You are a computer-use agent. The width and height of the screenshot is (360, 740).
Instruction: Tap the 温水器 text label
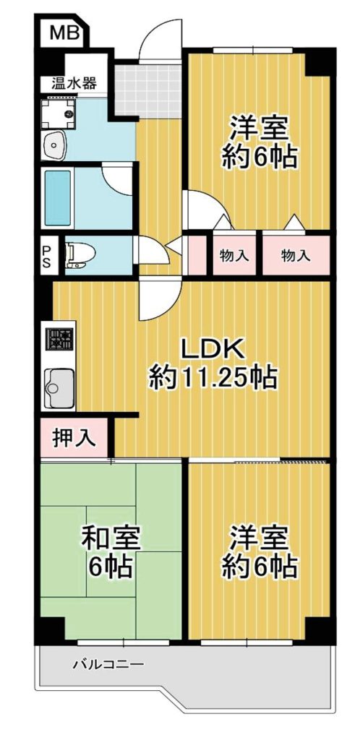tap(74, 84)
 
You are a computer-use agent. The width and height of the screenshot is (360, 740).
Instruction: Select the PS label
tap(47, 256)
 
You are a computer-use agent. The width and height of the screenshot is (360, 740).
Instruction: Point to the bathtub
tap(58, 198)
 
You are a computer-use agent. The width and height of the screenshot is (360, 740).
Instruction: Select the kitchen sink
tap(59, 388)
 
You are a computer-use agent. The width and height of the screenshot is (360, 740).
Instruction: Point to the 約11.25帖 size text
tap(213, 377)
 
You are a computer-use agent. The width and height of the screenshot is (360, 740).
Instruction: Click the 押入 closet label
tap(74, 439)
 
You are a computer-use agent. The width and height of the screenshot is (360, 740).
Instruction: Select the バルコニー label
tap(108, 665)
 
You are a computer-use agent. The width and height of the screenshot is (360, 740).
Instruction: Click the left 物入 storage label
tap(234, 257)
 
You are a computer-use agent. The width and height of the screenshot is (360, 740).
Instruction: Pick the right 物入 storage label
tap(296, 257)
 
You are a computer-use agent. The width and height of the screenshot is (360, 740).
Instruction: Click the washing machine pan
tap(58, 113)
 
